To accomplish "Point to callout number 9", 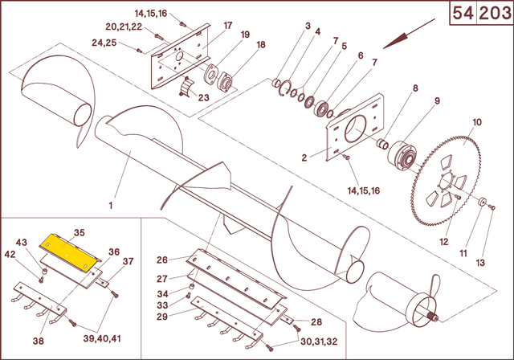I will [437, 100].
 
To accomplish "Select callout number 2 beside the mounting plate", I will [304, 158].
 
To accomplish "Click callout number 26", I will [162, 260].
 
